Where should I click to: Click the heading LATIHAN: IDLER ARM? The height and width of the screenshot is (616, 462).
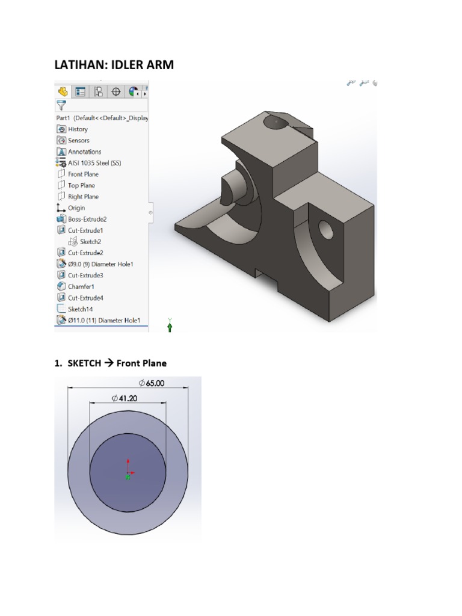[114, 64]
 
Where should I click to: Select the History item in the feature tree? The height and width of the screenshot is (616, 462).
[78, 129]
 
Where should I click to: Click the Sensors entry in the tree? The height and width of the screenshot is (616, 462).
[78, 141]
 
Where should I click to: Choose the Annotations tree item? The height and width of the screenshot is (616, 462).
[84, 152]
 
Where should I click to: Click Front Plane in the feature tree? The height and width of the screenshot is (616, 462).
[83, 174]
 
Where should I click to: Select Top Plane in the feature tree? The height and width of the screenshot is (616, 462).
[81, 186]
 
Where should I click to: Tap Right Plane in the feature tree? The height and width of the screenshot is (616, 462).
[83, 197]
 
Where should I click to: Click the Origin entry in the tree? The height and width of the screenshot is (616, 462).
[76, 208]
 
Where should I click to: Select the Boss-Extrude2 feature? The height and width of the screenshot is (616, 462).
[87, 220]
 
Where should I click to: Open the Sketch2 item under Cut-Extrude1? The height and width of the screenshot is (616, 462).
[90, 242]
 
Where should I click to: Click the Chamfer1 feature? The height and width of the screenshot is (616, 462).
[81, 287]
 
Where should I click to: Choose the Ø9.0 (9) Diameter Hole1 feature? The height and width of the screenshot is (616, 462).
[100, 264]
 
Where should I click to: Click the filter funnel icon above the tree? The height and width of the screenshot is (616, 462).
[61, 106]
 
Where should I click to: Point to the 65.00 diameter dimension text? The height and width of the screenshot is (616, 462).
[152, 383]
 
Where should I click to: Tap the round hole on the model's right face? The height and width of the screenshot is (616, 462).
[325, 228]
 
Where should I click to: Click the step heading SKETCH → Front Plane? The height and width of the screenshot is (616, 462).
[110, 363]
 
